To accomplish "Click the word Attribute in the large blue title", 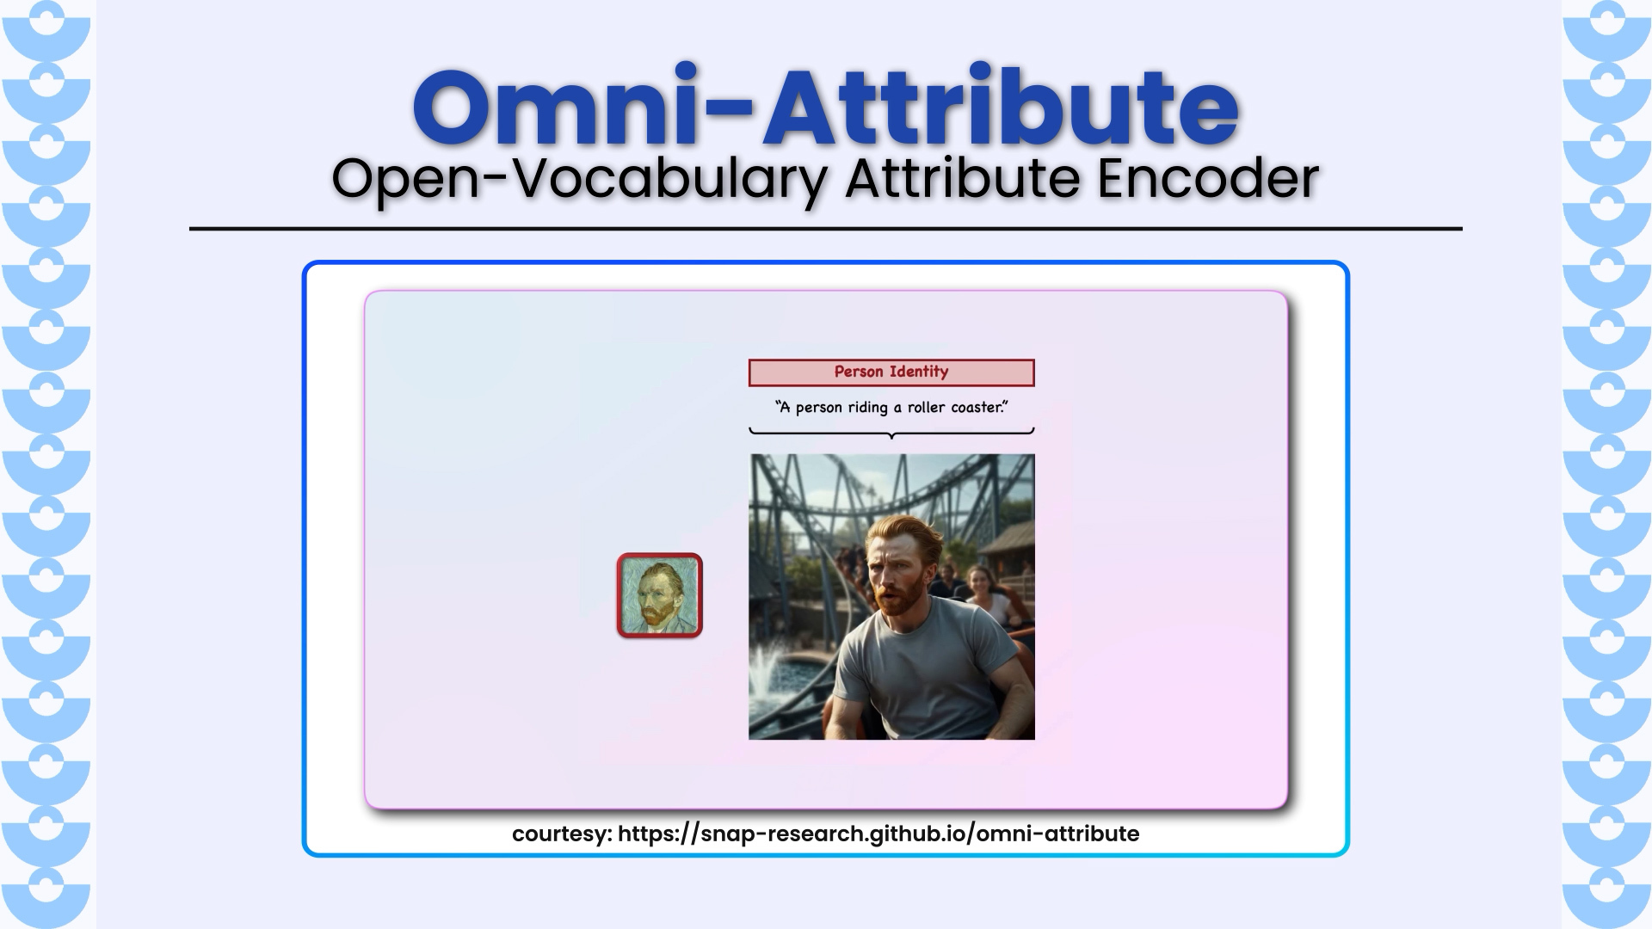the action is (1000, 105).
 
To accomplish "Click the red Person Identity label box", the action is (891, 372).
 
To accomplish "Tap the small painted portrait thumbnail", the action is (660, 595).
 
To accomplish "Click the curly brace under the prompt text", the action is (891, 432).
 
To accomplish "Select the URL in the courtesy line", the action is (878, 834).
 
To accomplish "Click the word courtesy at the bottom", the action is (559, 834).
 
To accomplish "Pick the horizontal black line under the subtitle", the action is (826, 229).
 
